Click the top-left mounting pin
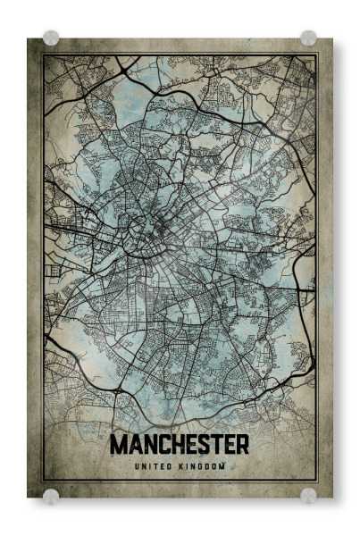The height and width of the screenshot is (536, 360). click(51, 38)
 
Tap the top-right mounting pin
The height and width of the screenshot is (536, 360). click(308, 38)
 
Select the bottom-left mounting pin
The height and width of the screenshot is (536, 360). click(51, 495)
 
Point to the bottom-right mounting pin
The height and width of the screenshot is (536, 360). click(308, 495)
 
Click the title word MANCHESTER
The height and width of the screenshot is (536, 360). click(180, 445)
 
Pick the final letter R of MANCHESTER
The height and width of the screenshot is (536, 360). click(242, 445)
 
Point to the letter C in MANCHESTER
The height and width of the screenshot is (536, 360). click(158, 445)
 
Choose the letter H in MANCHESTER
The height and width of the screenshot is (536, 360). click(172, 445)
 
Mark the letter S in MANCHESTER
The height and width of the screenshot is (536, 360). click(201, 445)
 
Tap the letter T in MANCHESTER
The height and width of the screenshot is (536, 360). click(214, 445)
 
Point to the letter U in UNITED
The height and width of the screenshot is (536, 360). click(137, 466)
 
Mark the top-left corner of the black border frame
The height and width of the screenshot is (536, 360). click(43, 55)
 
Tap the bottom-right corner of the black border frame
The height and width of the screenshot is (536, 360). click(317, 480)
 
